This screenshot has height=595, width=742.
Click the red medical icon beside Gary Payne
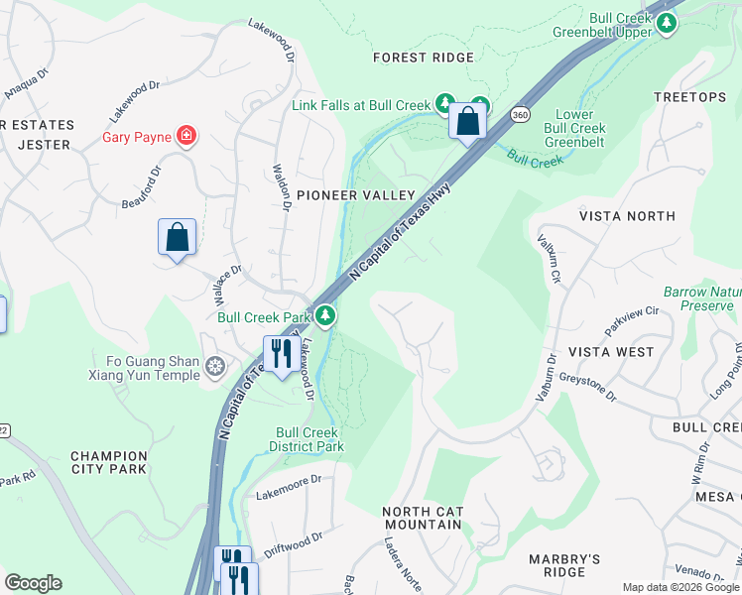pyautogui.click(x=185, y=136)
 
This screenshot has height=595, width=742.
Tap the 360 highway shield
pyautogui.click(x=520, y=116)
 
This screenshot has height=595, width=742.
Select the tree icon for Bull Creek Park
pyautogui.click(x=325, y=316)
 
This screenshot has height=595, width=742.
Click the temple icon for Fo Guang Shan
pyautogui.click(x=214, y=369)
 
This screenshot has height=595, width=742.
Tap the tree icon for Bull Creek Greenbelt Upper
pyautogui.click(x=668, y=24)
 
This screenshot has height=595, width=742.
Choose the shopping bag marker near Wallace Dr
pyautogui.click(x=177, y=238)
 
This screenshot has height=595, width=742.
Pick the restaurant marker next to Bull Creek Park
pyautogui.click(x=281, y=354)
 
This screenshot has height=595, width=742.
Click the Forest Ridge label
pyautogui.click(x=424, y=58)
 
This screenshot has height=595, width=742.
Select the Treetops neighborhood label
pyautogui.click(x=690, y=97)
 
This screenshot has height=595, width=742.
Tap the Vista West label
pyautogui.click(x=611, y=352)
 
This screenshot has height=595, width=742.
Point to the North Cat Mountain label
pyautogui.click(x=423, y=518)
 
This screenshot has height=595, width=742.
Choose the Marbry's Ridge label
pyautogui.click(x=564, y=565)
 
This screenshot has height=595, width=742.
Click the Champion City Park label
pyautogui.click(x=109, y=462)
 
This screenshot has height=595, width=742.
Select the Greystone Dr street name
pyautogui.click(x=586, y=386)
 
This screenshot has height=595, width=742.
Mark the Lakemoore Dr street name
pyautogui.click(x=289, y=486)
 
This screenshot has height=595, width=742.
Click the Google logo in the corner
pyautogui.click(x=34, y=583)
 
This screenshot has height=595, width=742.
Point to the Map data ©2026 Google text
pyautogui.click(x=680, y=587)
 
